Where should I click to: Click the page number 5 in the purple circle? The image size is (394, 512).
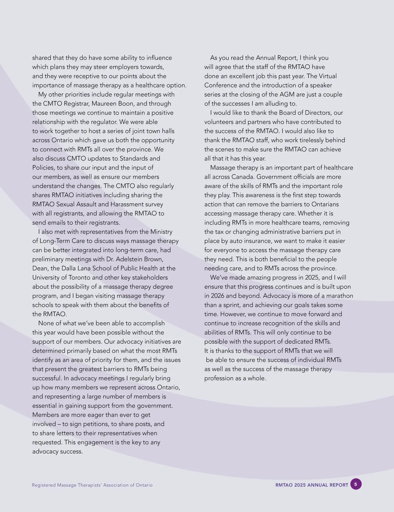pyautogui.click(x=356, y=484)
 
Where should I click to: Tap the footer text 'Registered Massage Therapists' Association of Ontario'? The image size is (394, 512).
pyautogui.click(x=92, y=485)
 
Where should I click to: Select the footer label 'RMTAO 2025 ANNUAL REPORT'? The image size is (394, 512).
pyautogui.click(x=312, y=485)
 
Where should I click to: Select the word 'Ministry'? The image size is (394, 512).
pyautogui.click(x=161, y=232)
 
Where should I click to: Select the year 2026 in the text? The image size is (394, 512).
pyautogui.click(x=218, y=296)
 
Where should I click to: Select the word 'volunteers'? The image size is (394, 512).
pyautogui.click(x=219, y=122)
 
